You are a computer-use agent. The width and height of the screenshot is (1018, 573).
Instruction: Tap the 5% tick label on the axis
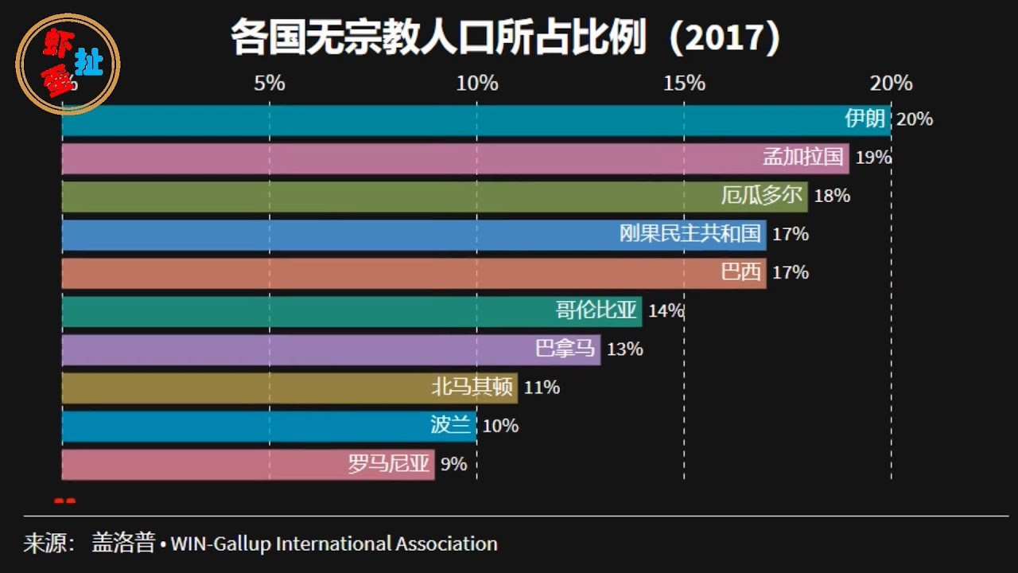pos(270,83)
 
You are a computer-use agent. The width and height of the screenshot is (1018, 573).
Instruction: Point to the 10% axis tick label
pos(477,83)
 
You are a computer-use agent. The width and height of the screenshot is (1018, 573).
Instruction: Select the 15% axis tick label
pos(685,83)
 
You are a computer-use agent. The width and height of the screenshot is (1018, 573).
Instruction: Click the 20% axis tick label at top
pos(891,83)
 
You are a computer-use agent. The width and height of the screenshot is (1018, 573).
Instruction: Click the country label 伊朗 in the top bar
pos(865,119)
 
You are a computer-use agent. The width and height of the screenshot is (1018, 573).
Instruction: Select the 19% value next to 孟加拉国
pos(873,158)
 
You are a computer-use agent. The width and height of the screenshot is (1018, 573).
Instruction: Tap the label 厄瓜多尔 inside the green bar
pos(761,196)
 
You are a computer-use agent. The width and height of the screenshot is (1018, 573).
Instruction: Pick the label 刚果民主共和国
pos(690,234)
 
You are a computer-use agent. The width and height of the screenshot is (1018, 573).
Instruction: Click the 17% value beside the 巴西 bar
pos(791,272)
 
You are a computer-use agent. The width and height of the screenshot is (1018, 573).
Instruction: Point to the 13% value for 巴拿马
pos(624,349)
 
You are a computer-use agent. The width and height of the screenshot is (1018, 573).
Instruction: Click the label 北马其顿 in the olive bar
pos(472,388)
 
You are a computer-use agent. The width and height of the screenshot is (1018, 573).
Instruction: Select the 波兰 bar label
pos(450,426)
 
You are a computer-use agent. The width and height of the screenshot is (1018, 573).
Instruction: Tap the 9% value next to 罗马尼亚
pos(453,464)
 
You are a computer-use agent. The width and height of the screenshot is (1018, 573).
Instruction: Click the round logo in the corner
pos(69,64)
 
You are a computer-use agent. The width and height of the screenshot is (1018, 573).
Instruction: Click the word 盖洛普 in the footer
pos(123,544)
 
